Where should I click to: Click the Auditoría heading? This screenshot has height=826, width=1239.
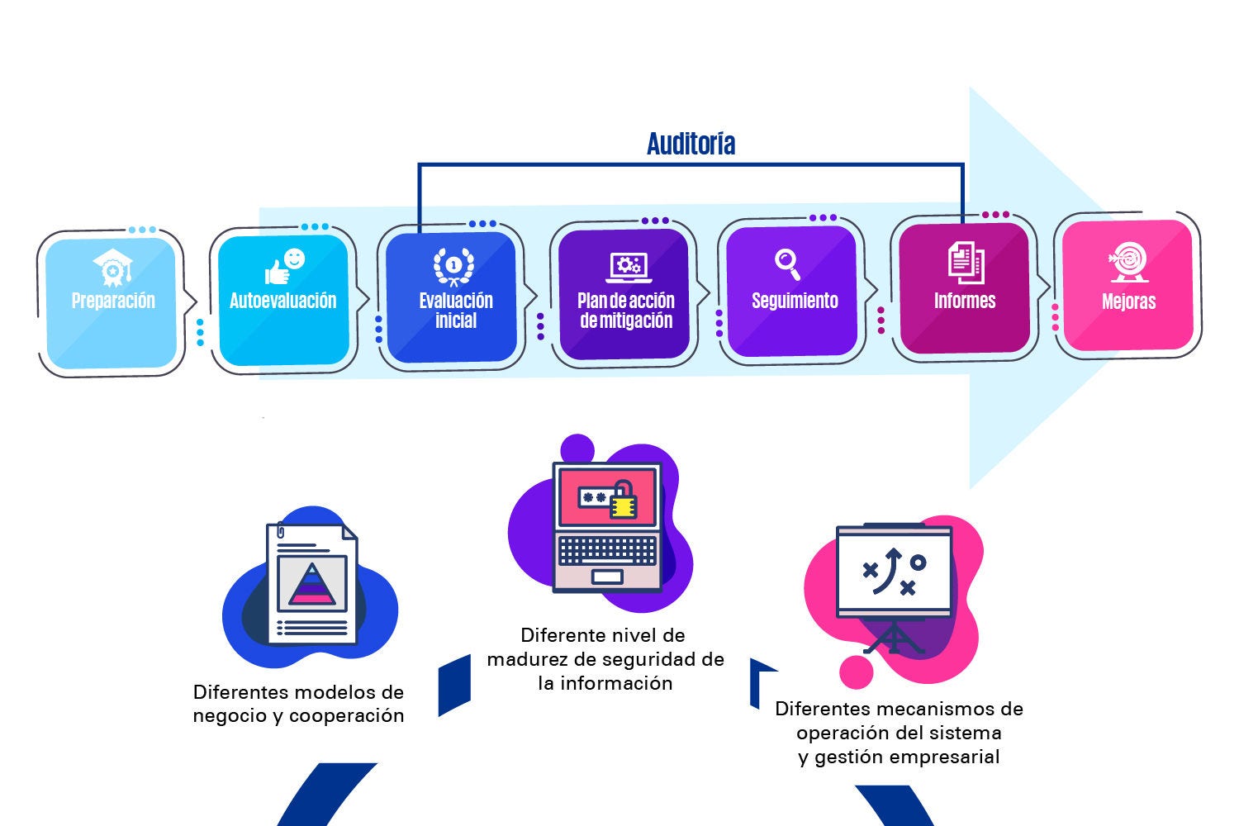pos(691,144)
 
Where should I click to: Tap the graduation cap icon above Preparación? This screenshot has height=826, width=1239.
pos(112,268)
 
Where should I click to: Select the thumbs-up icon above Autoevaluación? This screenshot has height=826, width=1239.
pos(284,266)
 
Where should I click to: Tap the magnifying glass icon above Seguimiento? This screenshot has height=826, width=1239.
pos(788,264)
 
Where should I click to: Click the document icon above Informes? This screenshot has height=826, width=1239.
pos(965,261)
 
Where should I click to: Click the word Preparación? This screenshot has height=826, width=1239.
pos(113,301)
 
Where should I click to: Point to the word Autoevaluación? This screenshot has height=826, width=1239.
pos(283,301)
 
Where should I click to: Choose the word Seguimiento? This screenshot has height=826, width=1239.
pos(795,301)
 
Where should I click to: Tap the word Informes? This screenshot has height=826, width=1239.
pos(965,301)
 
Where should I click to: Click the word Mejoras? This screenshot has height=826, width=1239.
pos(1128,301)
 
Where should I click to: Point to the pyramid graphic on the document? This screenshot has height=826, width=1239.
pos(311,584)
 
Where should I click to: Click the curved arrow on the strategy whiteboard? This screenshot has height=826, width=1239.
pos(890,568)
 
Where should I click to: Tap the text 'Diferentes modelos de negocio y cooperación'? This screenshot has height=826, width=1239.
pos(298,704)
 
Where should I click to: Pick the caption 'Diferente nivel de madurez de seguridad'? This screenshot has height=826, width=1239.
pos(605,659)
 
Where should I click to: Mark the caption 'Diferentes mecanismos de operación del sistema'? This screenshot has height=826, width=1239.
pos(899,733)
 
